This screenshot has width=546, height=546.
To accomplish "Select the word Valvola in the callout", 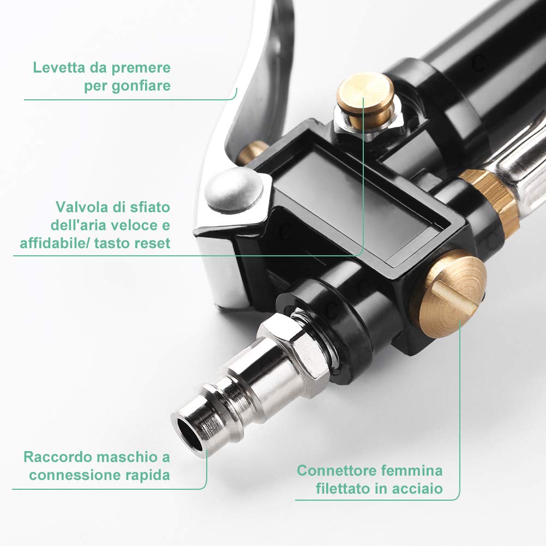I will tap(80, 207).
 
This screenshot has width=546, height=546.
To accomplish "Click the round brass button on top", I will tap(364, 93).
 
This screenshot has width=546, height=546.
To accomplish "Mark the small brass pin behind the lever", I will tap(252, 153).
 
